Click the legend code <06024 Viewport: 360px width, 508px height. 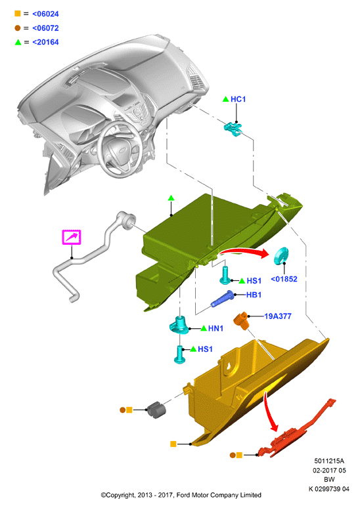coord(45,14)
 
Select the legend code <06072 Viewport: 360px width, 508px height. coord(45,28)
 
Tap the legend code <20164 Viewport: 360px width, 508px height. coord(45,42)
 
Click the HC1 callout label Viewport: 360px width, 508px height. coord(238,99)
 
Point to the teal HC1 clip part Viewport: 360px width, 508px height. coord(233,129)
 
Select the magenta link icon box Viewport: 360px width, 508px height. coord(72,237)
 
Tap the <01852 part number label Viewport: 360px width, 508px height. coord(284,279)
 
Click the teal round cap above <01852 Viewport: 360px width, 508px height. coord(281,256)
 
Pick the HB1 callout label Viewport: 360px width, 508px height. coord(254,295)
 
